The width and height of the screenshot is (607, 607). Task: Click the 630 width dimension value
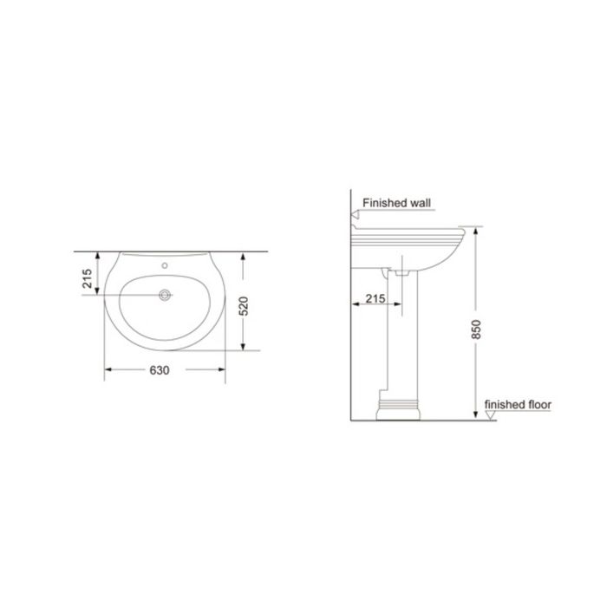coord(160,370)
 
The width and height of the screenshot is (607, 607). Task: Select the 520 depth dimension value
coord(244,306)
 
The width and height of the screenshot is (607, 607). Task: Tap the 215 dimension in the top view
coord(88,278)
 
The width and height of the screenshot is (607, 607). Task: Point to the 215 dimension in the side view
coord(375,298)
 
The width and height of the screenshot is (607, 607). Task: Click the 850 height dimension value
coord(476,330)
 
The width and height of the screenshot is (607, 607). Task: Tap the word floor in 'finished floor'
coord(539,405)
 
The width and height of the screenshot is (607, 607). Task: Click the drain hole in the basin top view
coord(165,295)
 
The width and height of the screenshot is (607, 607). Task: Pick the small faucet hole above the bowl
coord(165,265)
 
